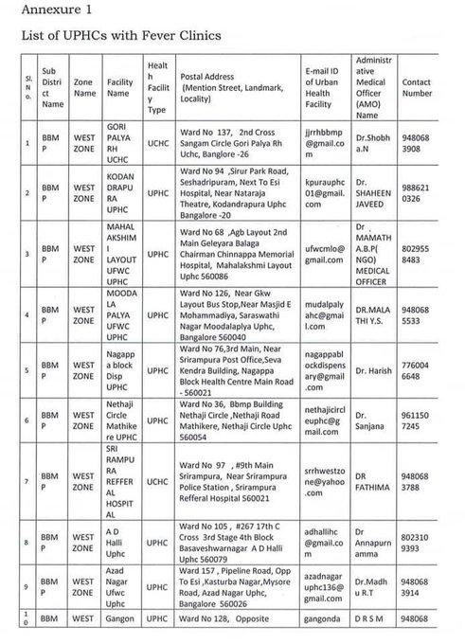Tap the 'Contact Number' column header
[417, 87]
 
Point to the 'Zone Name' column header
[85, 87]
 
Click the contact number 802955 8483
[417, 254]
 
